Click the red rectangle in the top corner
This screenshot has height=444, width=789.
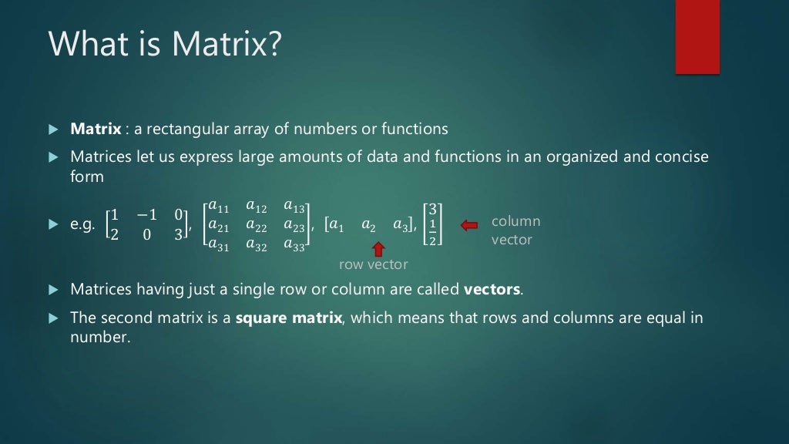pyautogui.click(x=697, y=37)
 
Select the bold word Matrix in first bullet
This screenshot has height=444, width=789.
pyautogui.click(x=92, y=129)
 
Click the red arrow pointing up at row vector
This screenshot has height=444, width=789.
pyautogui.click(x=378, y=249)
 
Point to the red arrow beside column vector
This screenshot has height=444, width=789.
pyautogui.click(x=469, y=224)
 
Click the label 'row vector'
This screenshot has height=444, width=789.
pyautogui.click(x=373, y=264)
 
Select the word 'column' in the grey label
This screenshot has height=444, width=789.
pyautogui.click(x=515, y=221)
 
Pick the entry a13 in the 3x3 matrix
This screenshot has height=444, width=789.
pyautogui.click(x=295, y=206)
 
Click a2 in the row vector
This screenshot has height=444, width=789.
pyautogui.click(x=368, y=225)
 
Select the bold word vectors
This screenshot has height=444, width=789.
pyautogui.click(x=492, y=290)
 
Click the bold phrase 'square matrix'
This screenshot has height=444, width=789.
pyautogui.click(x=288, y=318)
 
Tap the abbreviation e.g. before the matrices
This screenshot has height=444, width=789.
pyautogui.click(x=82, y=225)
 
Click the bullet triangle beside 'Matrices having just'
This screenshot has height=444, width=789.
pyautogui.click(x=53, y=290)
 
